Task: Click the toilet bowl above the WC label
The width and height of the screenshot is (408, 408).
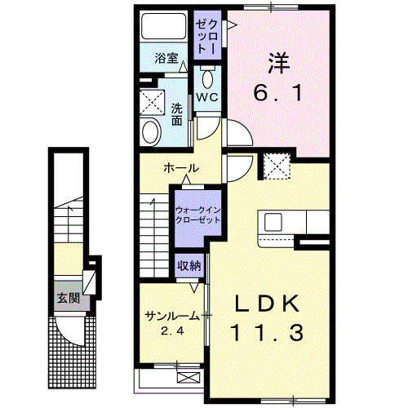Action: pos(206,78)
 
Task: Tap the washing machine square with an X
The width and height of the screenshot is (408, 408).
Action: pos(151,102)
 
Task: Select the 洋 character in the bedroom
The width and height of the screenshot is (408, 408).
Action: pos(278,61)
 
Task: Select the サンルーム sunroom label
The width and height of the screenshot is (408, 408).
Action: pos(171,316)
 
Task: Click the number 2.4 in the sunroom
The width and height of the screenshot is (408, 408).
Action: pos(171,330)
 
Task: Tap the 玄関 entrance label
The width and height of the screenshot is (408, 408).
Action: pos(67,299)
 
